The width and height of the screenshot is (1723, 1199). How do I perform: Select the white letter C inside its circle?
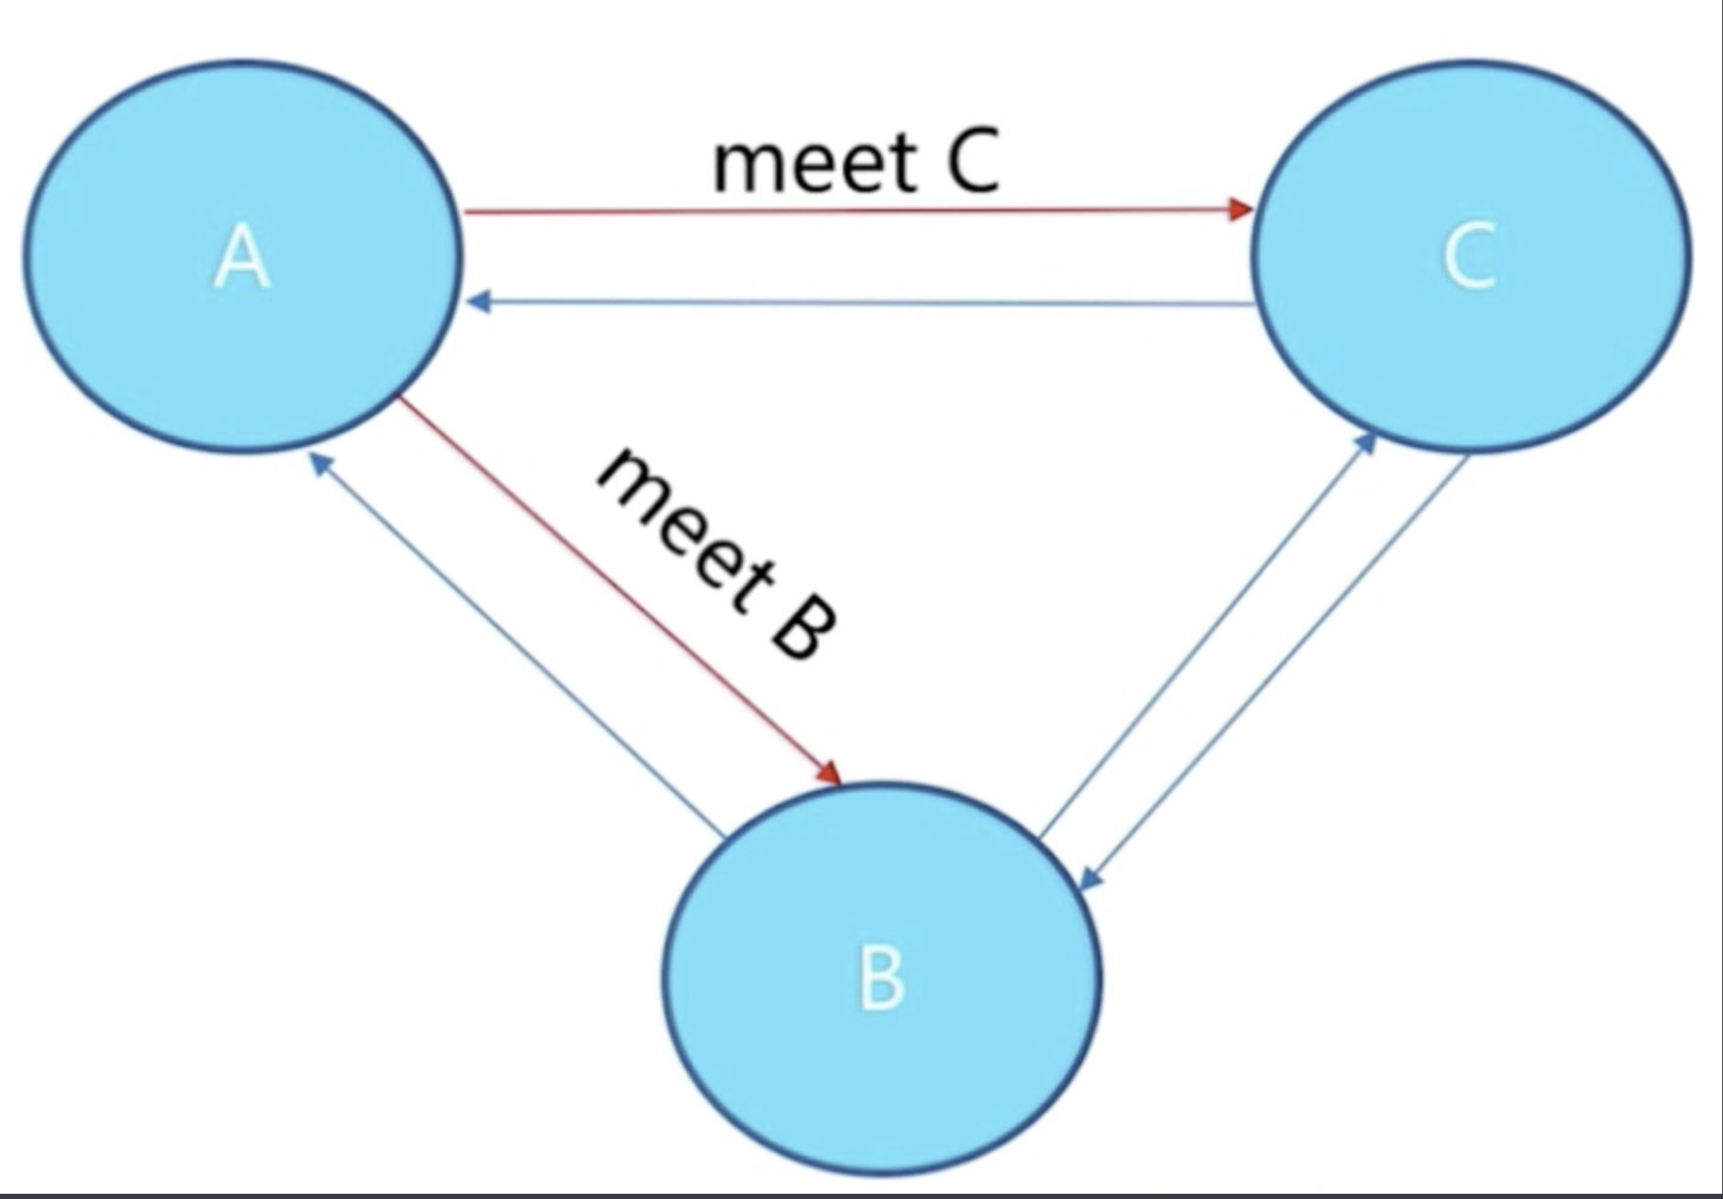click(1469, 257)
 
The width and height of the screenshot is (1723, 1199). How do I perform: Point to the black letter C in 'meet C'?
click(972, 163)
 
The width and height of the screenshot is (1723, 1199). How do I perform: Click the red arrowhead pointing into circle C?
click(1241, 208)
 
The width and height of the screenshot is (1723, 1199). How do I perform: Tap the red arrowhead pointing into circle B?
click(830, 773)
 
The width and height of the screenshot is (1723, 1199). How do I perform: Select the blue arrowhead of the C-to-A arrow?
click(479, 302)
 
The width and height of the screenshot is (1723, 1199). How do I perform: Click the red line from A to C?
click(836, 211)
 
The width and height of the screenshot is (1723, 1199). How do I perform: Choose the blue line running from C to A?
click(858, 303)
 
